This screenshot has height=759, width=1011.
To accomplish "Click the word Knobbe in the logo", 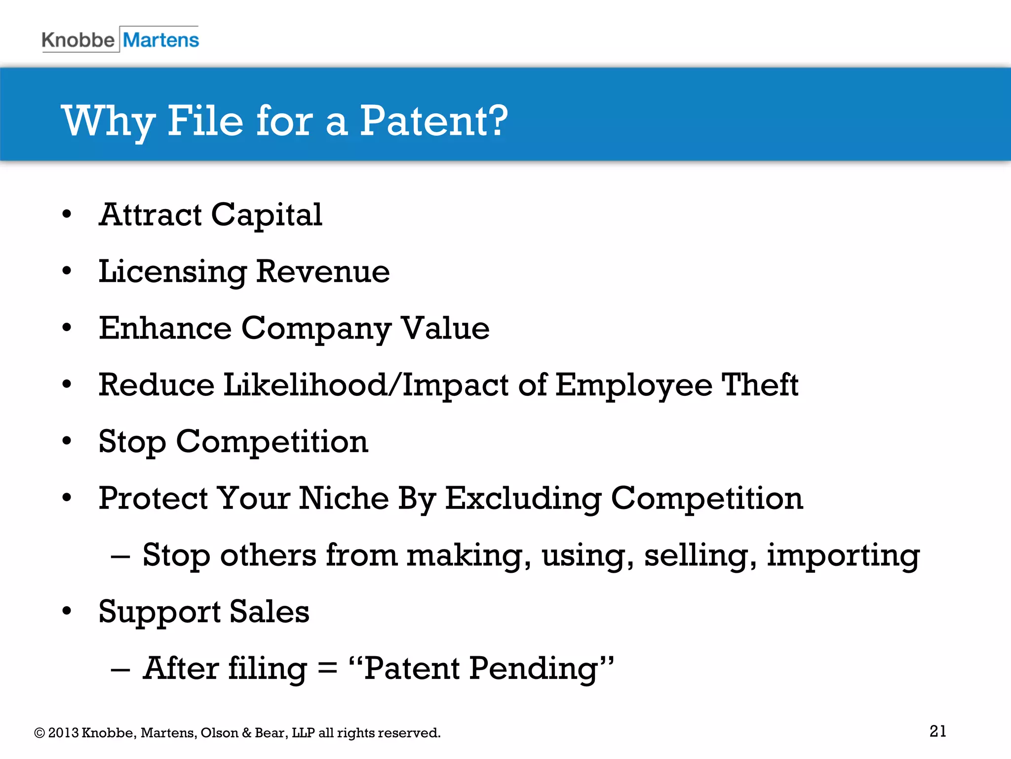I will pyautogui.click(x=78, y=40).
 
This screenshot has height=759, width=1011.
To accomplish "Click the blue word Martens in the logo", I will pyautogui.click(x=160, y=40).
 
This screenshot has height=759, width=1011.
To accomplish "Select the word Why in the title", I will pyautogui.click(x=108, y=122).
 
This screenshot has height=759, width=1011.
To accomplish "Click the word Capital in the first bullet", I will pyautogui.click(x=267, y=215).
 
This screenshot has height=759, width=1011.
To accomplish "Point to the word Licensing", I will pyautogui.click(x=172, y=272).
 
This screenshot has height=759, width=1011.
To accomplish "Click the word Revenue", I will pyautogui.click(x=323, y=272).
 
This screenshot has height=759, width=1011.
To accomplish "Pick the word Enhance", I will pyautogui.click(x=165, y=328).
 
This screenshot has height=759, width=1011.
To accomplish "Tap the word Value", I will pyautogui.click(x=445, y=328).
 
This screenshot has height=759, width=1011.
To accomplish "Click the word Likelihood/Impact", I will pyautogui.click(x=366, y=385).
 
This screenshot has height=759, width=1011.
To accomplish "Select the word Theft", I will pyautogui.click(x=760, y=385).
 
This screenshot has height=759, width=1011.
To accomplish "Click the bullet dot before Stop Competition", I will pyautogui.click(x=67, y=441).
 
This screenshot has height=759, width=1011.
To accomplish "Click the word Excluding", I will pyautogui.click(x=523, y=499).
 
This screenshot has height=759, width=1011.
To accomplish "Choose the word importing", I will pyautogui.click(x=843, y=556).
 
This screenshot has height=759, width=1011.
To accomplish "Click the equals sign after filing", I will pyautogui.click(x=327, y=670).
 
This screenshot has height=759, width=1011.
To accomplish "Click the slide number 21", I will pyautogui.click(x=937, y=731).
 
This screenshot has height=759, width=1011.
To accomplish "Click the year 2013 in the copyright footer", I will pyautogui.click(x=63, y=733).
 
